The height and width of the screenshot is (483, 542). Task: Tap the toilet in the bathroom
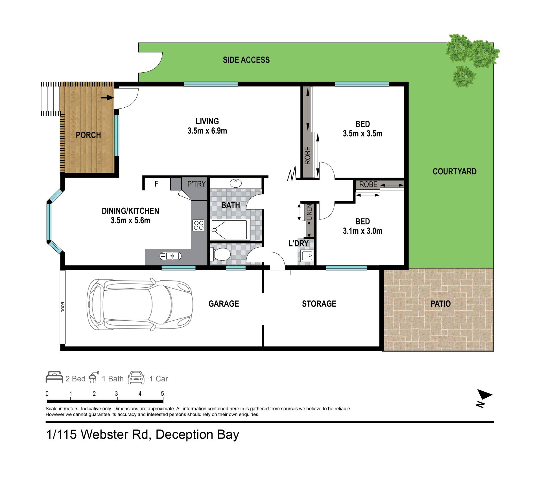click(220, 254)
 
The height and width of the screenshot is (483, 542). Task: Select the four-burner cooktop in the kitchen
click(198, 225)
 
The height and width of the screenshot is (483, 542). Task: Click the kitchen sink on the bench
click(171, 256)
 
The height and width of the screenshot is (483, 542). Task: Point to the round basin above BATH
click(236, 183)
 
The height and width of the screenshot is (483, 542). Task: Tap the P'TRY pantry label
click(196, 184)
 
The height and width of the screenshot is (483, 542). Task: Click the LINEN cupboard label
click(310, 212)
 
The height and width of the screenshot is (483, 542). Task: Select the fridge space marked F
click(156, 184)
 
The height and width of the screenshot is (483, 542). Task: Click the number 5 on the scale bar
click(162, 394)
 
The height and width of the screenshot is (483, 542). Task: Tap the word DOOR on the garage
click(63, 307)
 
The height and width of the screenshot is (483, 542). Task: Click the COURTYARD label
click(454, 172)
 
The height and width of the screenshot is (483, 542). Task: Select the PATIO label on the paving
click(440, 304)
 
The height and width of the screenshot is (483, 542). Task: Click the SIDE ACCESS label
click(246, 60)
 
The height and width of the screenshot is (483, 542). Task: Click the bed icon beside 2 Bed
click(54, 377)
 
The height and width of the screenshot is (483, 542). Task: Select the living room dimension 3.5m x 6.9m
click(207, 131)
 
